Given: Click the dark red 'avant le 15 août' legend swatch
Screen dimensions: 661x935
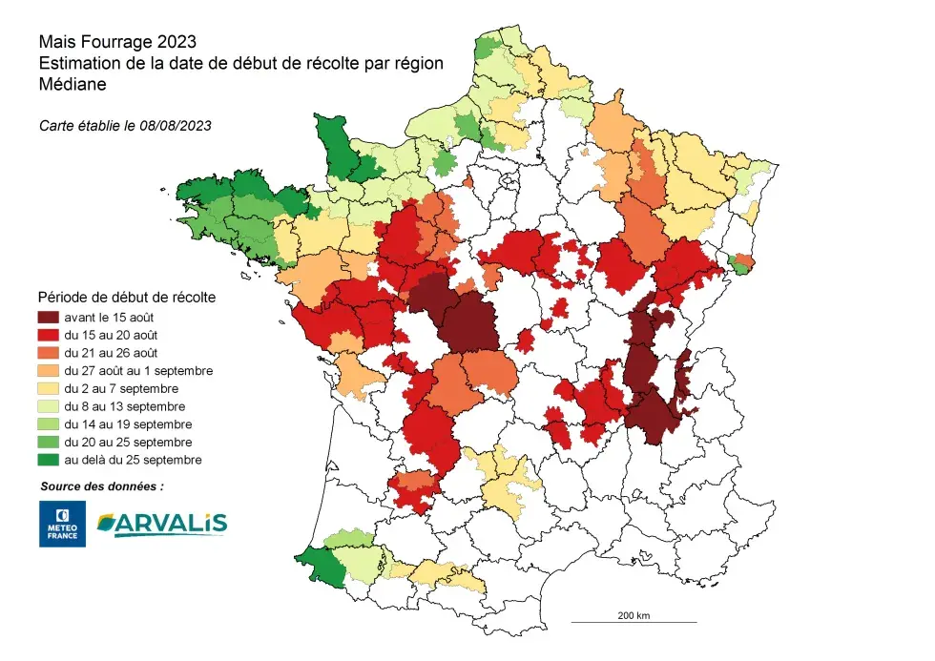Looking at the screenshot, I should tap(49, 317).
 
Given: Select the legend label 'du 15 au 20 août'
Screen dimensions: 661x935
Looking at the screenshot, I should tap(111, 335).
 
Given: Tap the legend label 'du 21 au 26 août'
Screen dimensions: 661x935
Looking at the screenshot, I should tap(111, 353).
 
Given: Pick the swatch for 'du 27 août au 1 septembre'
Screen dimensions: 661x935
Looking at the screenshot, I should tap(49, 370).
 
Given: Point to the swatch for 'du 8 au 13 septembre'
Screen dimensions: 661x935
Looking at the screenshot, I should tap(49, 406).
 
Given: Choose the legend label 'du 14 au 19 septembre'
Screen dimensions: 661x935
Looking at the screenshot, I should tap(128, 423).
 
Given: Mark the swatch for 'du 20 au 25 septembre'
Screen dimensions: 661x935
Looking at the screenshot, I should tap(49, 442).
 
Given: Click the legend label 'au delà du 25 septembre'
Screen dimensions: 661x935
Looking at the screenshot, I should tap(132, 460).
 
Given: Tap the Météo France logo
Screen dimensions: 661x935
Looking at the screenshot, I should tap(62, 524).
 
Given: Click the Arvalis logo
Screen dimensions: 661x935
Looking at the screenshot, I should tap(161, 523).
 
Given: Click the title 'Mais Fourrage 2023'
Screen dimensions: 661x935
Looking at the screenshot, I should tap(117, 42).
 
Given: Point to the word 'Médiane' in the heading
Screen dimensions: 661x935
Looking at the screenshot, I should tap(72, 84).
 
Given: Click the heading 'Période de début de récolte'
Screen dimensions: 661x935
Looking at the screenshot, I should tap(126, 297).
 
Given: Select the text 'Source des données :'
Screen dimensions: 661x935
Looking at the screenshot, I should tap(102, 485).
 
